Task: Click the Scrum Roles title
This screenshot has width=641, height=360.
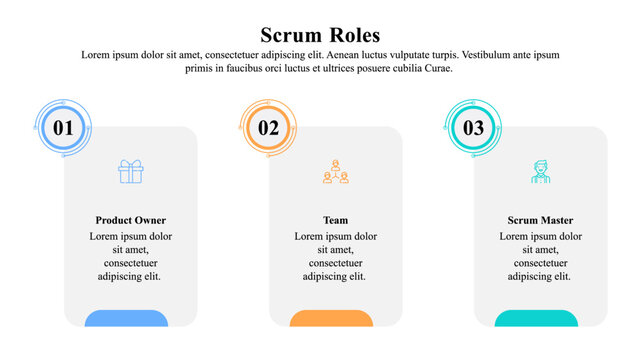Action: (320, 35)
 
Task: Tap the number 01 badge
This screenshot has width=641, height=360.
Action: (64, 128)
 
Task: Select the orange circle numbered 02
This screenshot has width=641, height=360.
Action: (269, 128)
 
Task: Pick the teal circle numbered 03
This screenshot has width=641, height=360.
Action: (473, 128)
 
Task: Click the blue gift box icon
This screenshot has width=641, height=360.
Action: (131, 172)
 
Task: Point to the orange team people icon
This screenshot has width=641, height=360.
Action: (335, 172)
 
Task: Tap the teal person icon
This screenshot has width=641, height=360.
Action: (540, 172)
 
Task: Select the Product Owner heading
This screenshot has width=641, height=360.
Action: (131, 220)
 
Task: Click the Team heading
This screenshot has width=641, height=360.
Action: (335, 220)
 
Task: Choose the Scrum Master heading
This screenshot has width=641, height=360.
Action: (540, 220)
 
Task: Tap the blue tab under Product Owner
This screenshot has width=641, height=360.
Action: (126, 318)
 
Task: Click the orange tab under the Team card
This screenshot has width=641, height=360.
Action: (331, 318)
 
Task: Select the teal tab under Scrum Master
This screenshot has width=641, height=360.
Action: (536, 318)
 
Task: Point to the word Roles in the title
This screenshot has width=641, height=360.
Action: (352, 35)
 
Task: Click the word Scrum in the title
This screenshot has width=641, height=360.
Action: (290, 35)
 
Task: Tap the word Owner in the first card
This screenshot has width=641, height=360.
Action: (151, 220)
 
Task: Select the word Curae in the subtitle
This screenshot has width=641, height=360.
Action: (438, 69)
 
